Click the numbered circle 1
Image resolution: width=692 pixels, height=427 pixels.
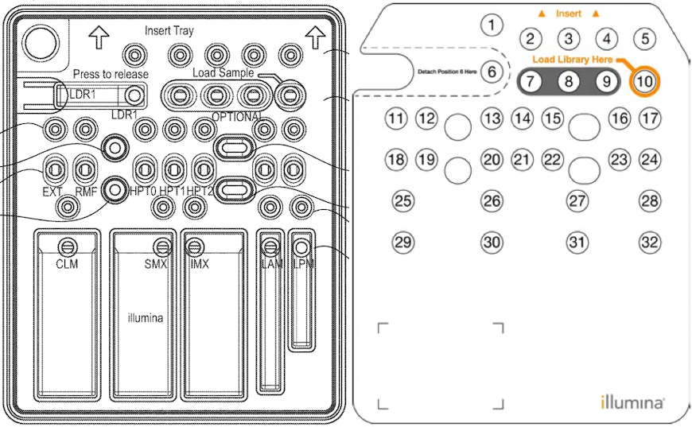click(492, 25)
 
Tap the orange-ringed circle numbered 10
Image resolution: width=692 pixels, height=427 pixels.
click(644, 81)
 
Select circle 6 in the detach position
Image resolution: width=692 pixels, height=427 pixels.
click(492, 72)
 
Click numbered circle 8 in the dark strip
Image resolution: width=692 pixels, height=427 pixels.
click(568, 81)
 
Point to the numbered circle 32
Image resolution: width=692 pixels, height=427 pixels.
click(650, 242)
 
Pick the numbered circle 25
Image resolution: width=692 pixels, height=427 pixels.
click(404, 200)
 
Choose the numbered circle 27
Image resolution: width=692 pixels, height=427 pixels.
click(577, 200)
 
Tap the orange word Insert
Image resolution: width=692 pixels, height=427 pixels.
click(568, 14)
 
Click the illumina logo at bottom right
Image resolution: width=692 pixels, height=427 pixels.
click(632, 402)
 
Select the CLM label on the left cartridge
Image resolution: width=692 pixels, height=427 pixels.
click(67, 264)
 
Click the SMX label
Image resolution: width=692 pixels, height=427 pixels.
click(155, 264)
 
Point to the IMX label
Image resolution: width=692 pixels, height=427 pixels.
click(199, 264)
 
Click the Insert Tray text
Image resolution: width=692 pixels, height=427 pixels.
click(169, 31)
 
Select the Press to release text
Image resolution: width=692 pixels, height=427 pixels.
click(111, 74)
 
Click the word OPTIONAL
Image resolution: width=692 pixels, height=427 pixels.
click(237, 117)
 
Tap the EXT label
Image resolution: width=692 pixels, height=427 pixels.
click(52, 192)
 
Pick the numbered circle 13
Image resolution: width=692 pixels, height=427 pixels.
click(492, 119)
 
